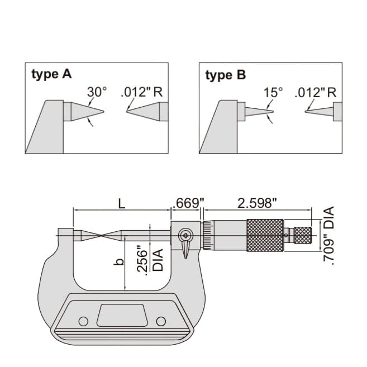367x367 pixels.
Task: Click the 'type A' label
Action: click(51, 74)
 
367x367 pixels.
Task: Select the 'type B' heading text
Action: click(225, 74)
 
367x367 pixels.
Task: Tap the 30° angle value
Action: click(97, 92)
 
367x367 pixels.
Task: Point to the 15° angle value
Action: click(274, 92)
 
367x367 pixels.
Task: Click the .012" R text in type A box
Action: click(142, 92)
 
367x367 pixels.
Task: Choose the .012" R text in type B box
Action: click(316, 92)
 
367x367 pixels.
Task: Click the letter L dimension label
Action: click(122, 204)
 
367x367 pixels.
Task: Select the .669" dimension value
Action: click(187, 204)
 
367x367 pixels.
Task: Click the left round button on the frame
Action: click(83, 321)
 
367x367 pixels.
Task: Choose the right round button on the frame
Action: click(161, 321)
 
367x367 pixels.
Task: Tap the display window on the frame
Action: click(122, 316)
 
